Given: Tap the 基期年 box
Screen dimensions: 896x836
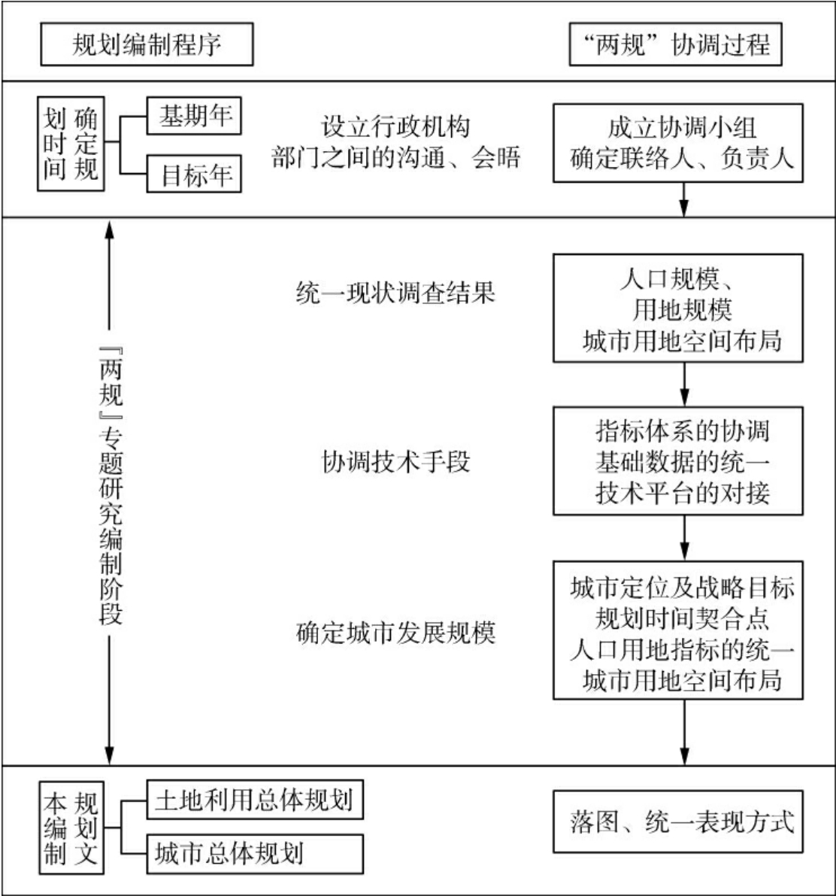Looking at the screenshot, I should coord(195,117).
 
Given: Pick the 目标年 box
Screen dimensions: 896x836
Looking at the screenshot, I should coord(195,176).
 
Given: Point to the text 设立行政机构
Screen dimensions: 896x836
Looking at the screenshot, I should coord(395,126).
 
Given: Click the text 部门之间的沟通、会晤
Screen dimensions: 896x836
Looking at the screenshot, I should coord(395,159).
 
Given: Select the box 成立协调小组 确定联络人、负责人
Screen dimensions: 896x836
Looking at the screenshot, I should coord(682,143).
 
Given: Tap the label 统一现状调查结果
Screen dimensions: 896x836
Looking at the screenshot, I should coord(395,293).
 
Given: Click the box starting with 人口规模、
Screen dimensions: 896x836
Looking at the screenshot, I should coord(682,308).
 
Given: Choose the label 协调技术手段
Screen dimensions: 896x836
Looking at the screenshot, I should coord(395,460).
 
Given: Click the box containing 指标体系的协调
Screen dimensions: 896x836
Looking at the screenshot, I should coord(682,462).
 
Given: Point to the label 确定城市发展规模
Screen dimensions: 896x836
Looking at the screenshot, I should coord(395,633).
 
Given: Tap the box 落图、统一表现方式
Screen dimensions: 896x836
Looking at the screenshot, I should coord(682,822).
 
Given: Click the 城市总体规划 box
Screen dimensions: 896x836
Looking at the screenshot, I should coord(253,853).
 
